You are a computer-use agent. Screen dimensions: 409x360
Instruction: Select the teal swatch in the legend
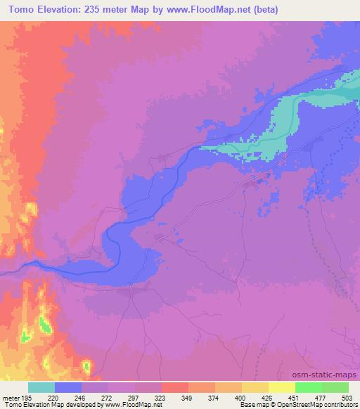click(41, 387)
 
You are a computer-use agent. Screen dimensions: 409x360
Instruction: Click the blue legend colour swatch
click(68, 387)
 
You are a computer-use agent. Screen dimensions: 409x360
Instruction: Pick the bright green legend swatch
click(308, 387)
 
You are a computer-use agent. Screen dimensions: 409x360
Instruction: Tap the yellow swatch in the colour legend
click(281, 387)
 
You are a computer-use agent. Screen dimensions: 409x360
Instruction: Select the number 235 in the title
click(93, 10)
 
